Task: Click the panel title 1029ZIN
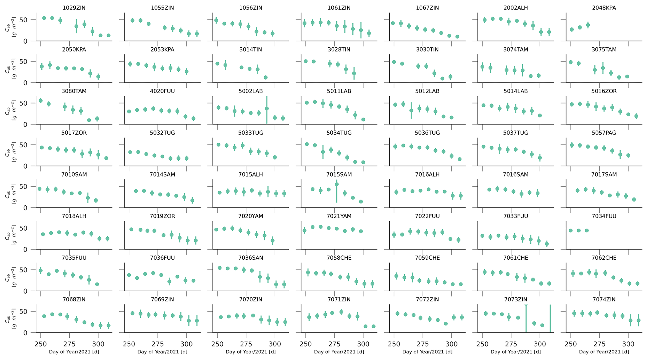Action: (74, 8)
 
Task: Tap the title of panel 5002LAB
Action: (251, 91)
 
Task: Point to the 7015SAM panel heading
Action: (339, 174)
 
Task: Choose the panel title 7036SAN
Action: (251, 258)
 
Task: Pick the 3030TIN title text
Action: (427, 50)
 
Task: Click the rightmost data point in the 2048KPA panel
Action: (588, 25)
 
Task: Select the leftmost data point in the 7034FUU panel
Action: (571, 230)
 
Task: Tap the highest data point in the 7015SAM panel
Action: (337, 184)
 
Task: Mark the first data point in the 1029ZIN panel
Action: (44, 18)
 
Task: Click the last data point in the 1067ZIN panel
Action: (457, 37)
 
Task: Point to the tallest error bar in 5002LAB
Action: (267, 109)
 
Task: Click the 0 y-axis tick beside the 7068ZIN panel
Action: (29, 333)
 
